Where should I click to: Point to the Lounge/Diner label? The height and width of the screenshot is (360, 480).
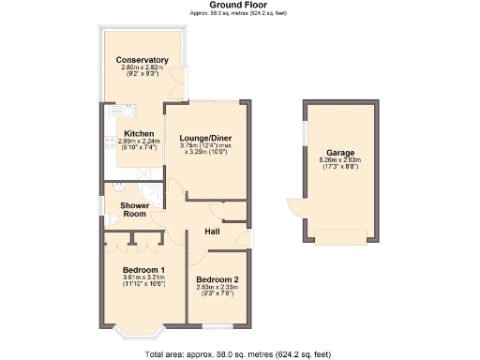click(205, 138)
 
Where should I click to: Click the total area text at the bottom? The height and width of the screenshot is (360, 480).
click(239, 354)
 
